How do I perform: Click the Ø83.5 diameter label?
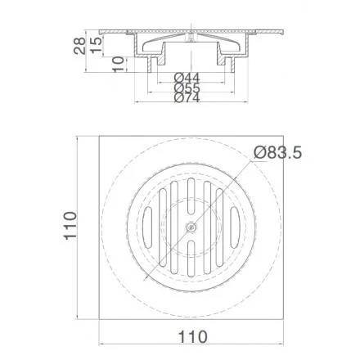[278, 152]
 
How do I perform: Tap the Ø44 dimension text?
[187, 79]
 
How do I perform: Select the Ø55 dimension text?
[187, 88]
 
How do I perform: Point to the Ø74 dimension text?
[187, 97]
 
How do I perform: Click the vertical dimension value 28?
[79, 46]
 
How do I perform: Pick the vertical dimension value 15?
[96, 45]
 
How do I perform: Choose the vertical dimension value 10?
[119, 65]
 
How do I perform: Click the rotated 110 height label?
[70, 226]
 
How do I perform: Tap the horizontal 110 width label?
[193, 336]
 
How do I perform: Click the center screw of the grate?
[191, 227]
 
